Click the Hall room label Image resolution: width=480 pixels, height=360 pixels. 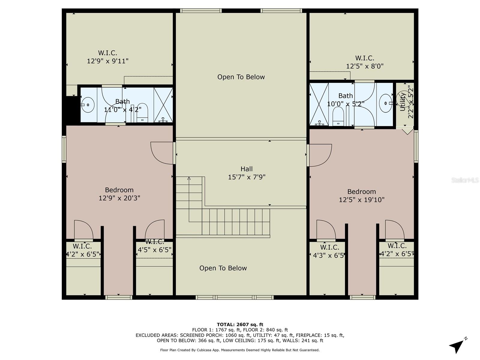[246, 169]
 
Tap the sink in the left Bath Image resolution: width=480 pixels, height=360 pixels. [88, 105]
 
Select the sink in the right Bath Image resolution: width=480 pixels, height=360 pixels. [385, 103]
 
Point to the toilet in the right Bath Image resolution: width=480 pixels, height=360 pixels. [338, 117]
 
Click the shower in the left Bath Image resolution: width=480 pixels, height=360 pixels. [163, 105]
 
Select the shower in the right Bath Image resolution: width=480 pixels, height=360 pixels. [319, 104]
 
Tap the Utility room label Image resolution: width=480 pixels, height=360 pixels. [403, 102]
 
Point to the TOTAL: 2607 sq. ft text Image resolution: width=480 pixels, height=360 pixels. [240, 324]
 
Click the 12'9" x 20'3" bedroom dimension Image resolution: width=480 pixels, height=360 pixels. [119, 198]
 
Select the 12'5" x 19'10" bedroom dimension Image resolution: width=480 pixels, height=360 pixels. [361, 199]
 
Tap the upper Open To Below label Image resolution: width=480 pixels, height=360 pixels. [241, 77]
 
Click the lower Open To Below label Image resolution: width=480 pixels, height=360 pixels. [223, 268]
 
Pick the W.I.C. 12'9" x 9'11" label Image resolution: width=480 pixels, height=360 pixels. [108, 57]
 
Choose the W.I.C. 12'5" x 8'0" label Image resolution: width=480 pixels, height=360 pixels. [364, 62]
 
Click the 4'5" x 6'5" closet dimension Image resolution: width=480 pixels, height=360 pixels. [154, 250]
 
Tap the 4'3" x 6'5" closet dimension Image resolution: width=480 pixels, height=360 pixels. [328, 255]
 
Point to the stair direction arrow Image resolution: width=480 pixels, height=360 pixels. [189, 179]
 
